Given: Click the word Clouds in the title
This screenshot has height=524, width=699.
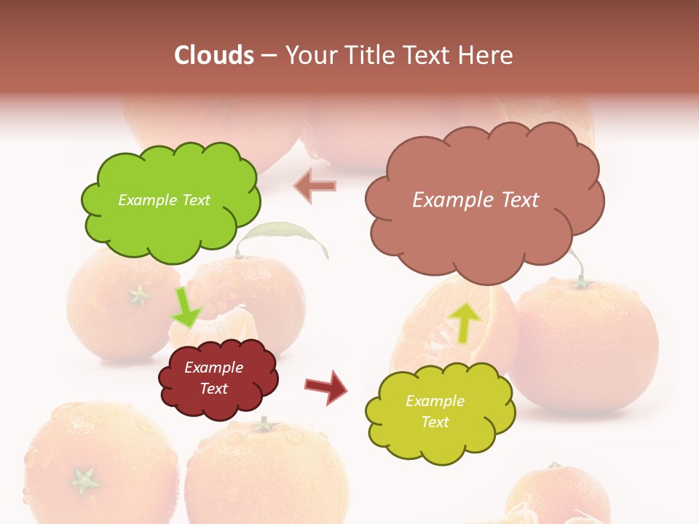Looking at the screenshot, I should click(x=214, y=55).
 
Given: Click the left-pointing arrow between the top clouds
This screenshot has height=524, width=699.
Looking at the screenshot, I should click(x=315, y=187).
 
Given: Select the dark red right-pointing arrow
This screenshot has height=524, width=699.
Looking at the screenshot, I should click(x=326, y=387).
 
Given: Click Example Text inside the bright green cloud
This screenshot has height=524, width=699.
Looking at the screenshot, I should click(x=164, y=200).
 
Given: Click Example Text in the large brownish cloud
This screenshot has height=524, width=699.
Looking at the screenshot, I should click(x=475, y=200).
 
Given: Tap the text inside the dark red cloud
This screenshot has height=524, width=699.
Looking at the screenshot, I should click(x=214, y=378).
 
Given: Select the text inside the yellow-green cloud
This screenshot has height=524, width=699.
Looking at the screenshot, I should click(x=435, y=411).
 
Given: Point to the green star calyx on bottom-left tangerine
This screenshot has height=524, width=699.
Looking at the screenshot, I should click(x=84, y=480).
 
